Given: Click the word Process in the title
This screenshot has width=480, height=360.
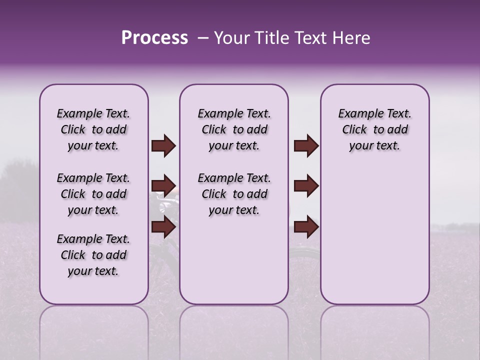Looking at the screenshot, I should (x=154, y=38).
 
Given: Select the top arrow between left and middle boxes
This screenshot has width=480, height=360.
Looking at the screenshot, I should (x=163, y=146).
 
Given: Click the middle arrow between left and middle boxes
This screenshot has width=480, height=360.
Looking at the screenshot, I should (x=163, y=186).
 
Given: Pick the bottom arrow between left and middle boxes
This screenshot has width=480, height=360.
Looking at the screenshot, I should (x=163, y=227).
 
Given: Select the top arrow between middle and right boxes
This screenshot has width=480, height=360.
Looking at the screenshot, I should (x=306, y=146).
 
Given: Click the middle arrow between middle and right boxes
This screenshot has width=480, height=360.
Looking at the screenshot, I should (x=306, y=186).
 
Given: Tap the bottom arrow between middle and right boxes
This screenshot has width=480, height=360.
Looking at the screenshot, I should (x=306, y=227).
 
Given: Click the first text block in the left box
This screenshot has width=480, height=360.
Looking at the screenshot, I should (x=93, y=129).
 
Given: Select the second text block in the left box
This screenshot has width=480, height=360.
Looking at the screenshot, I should (x=93, y=194).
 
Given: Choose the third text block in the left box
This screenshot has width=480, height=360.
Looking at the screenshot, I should (x=93, y=255).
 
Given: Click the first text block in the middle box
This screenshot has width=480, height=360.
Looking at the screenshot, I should (x=234, y=129).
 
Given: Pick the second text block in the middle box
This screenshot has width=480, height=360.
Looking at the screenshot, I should (x=234, y=194).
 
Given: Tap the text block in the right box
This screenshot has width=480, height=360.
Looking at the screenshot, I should (x=374, y=129).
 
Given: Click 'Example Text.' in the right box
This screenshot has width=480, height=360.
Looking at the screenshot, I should (x=374, y=114).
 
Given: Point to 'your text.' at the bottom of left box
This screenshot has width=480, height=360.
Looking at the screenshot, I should (x=93, y=271).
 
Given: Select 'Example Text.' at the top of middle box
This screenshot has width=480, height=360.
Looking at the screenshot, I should (x=234, y=114).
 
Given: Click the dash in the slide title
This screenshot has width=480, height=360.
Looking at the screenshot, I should (x=203, y=38).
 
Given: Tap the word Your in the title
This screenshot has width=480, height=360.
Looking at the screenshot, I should (x=230, y=38).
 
